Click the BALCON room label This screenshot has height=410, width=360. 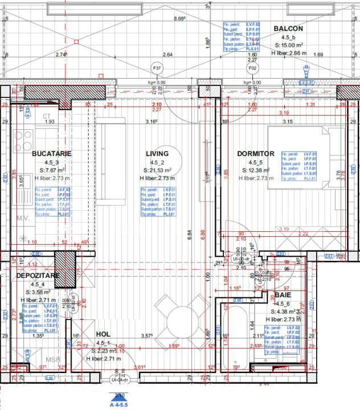[288, 28]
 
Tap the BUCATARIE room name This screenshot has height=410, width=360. [52, 154]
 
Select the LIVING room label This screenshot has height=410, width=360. [157, 154]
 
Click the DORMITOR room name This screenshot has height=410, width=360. [256, 154]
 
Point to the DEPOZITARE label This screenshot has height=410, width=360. [38, 276]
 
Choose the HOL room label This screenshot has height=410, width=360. [103, 335]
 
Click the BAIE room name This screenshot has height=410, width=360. [283, 296]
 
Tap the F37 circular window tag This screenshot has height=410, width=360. [157, 69]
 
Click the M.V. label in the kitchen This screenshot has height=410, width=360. [23, 218]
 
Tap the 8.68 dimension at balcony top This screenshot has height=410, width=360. [179, 18]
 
